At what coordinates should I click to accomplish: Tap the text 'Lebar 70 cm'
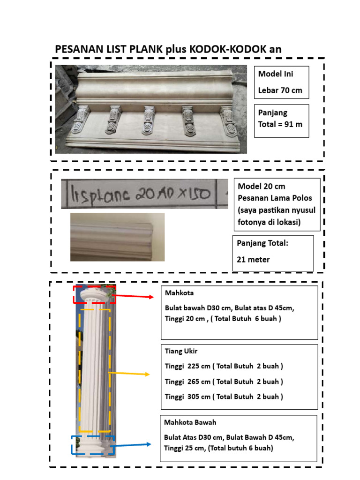(280, 90)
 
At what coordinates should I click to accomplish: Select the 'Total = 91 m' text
(279, 125)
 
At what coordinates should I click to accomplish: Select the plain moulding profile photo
(117, 237)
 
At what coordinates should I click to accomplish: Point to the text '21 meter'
(253, 259)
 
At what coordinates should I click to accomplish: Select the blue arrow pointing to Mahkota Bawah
(133, 444)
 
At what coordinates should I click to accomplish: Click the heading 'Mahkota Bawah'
(190, 422)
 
